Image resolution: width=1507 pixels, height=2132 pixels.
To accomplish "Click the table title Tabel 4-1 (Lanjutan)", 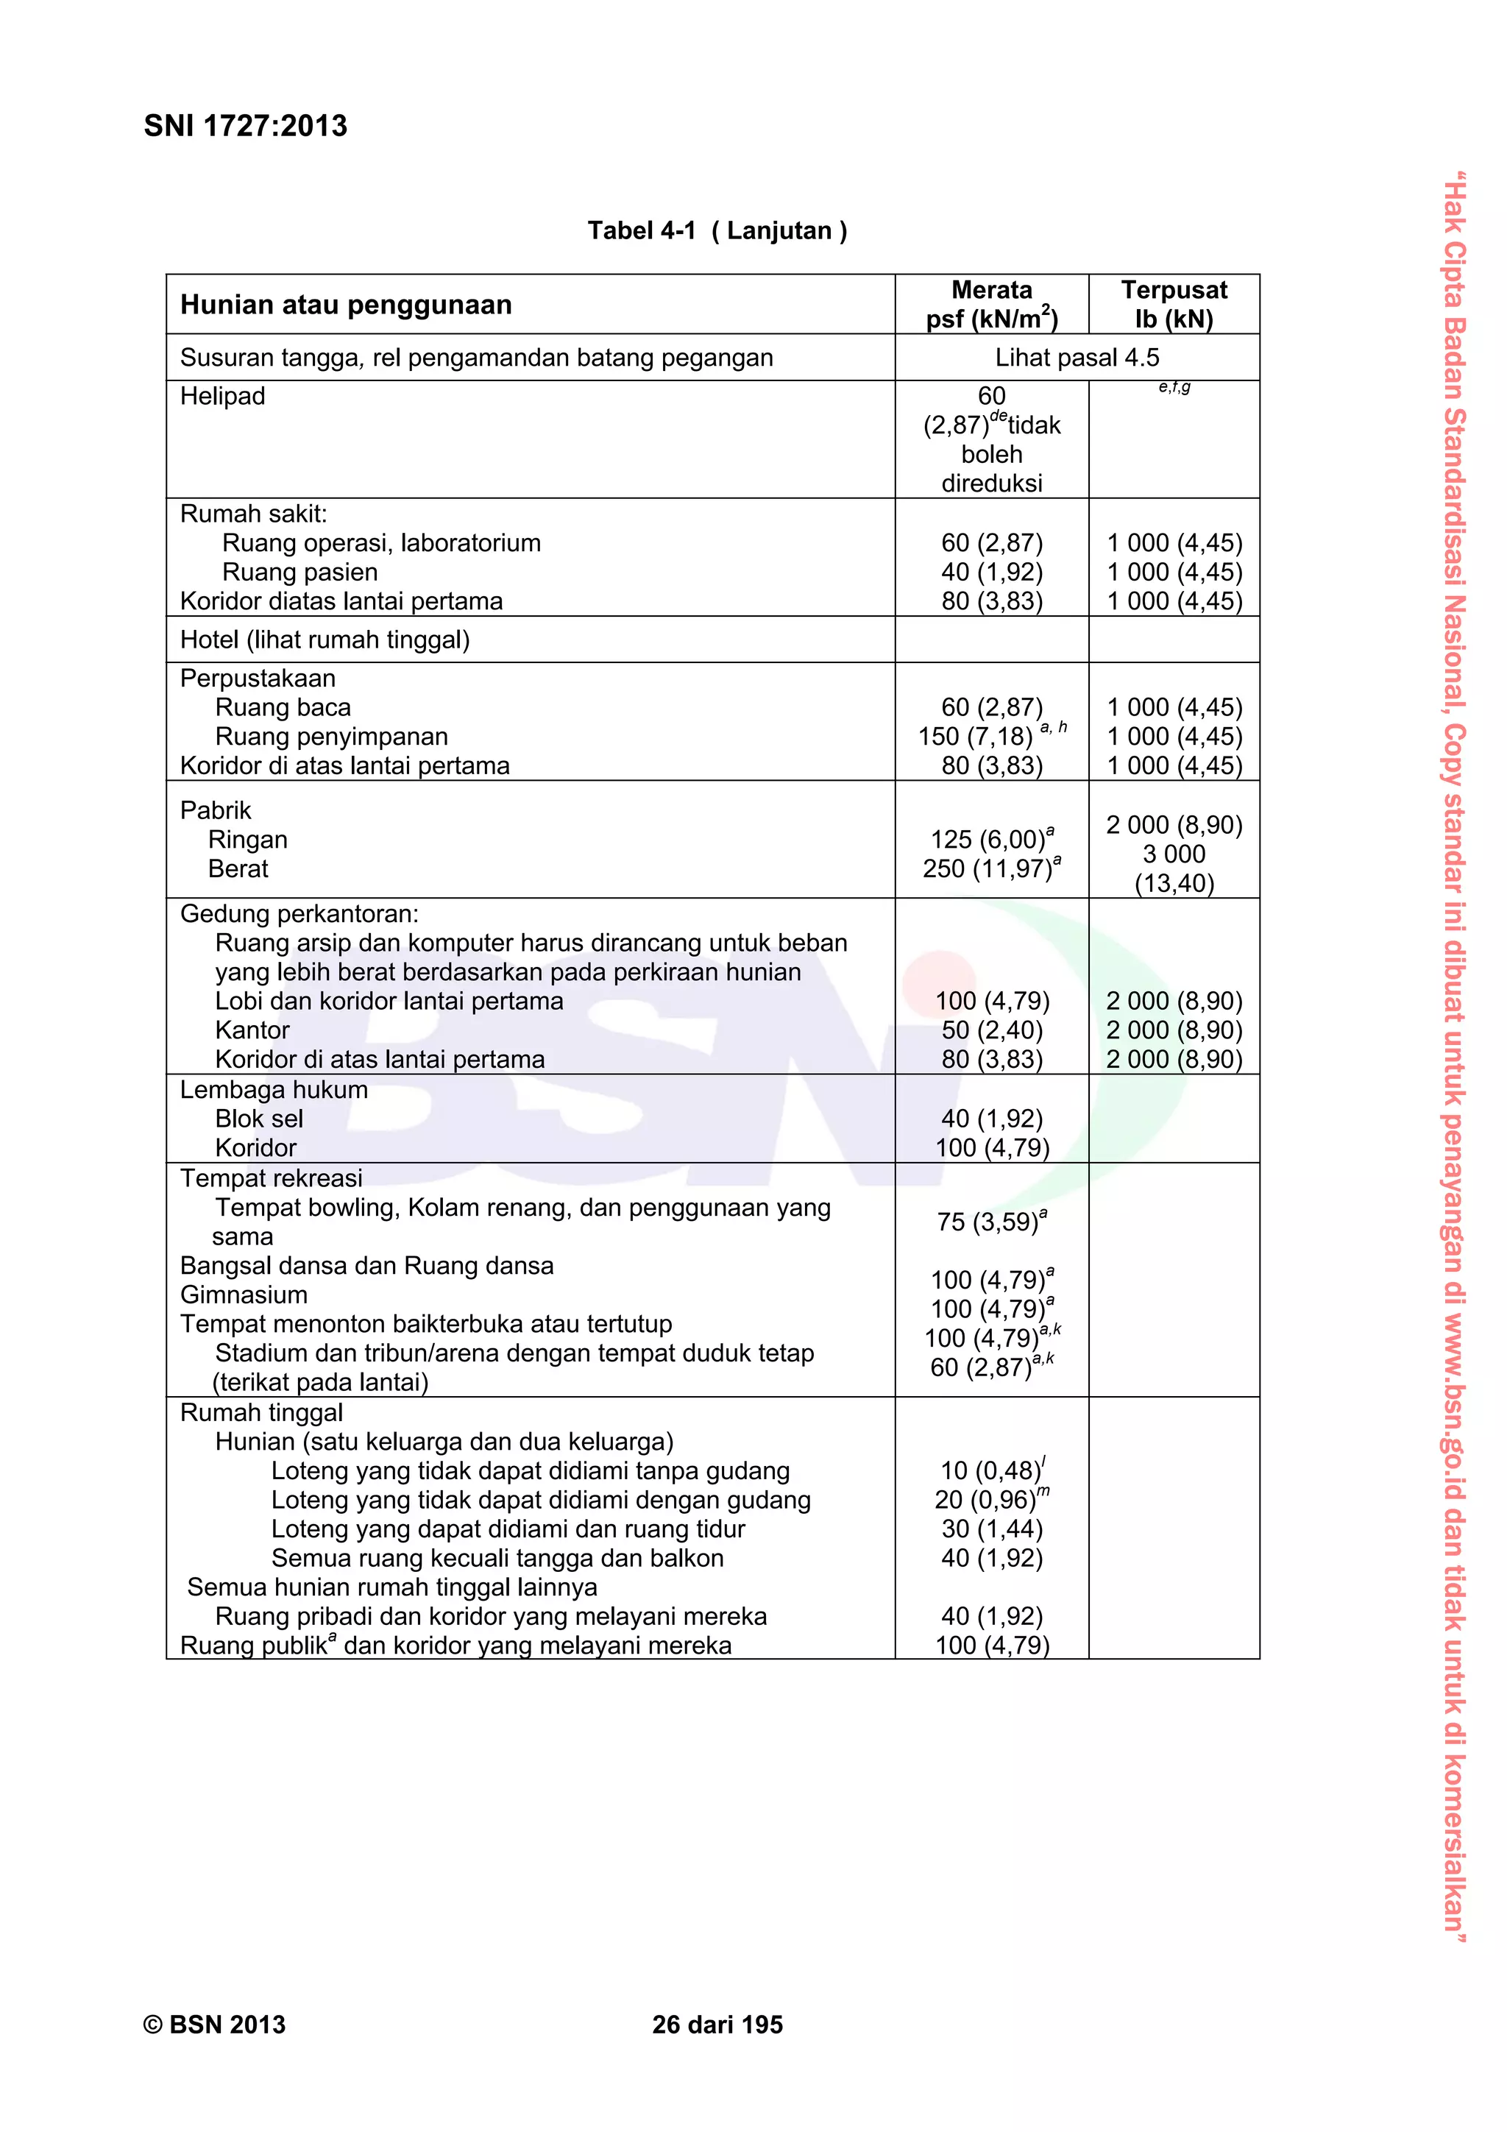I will tap(717, 230).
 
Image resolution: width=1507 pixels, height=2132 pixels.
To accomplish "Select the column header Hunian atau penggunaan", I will tap(345, 305).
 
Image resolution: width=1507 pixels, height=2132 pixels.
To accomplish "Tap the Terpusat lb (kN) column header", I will tap(1174, 305).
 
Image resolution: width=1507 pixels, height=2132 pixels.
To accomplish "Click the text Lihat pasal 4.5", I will tap(1077, 358).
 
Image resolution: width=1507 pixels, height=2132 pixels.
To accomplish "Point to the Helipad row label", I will tap(223, 397).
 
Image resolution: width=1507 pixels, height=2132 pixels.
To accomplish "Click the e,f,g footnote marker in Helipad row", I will tap(1174, 387).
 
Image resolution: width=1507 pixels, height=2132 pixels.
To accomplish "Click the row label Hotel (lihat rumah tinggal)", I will tap(325, 640).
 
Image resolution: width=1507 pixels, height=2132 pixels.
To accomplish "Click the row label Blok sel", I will tap(259, 1119).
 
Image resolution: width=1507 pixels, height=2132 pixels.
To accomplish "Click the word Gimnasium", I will tap(244, 1295).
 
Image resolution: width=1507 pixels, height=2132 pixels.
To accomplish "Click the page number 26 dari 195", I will tap(717, 2025).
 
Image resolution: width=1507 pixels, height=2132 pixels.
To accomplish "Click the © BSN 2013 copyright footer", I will tap(214, 2025).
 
